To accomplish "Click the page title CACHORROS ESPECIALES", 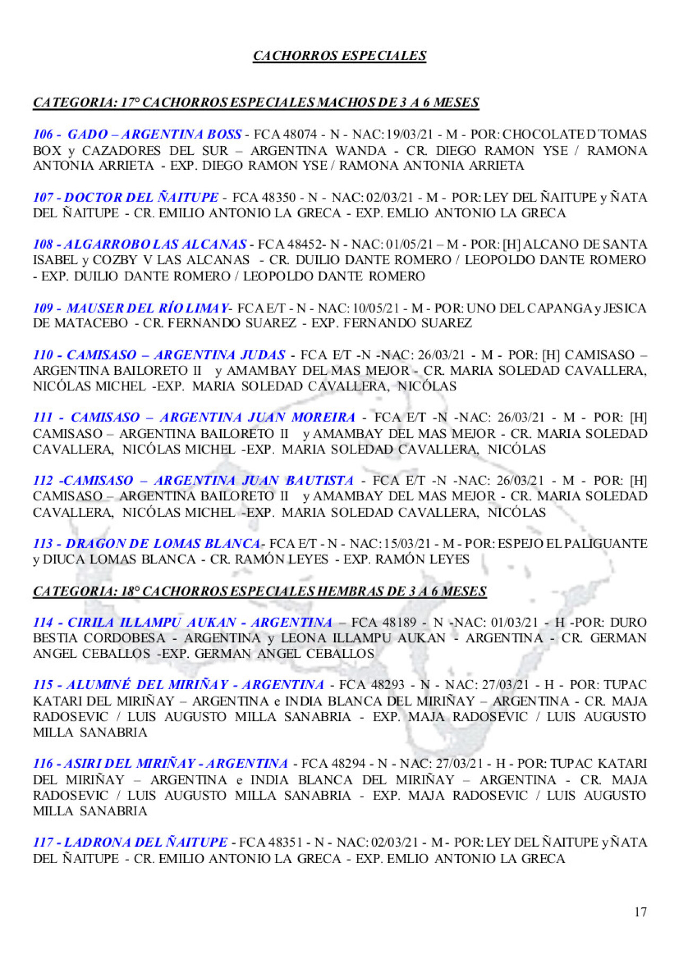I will pyautogui.click(x=339, y=56).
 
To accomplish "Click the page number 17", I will pyautogui.click(x=640, y=912).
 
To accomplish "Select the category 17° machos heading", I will pyautogui.click(x=256, y=102).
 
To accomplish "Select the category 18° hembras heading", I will pyautogui.click(x=259, y=591).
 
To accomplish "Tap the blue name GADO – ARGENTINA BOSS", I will pyautogui.click(x=154, y=135).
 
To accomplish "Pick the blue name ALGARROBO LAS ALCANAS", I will pyautogui.click(x=155, y=244).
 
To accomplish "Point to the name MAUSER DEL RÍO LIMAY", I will pyautogui.click(x=147, y=308).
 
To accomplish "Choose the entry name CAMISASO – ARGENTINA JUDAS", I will pyautogui.click(x=176, y=355).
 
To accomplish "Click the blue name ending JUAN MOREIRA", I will pyautogui.click(x=213, y=418).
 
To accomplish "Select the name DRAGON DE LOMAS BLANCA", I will pyautogui.click(x=163, y=544).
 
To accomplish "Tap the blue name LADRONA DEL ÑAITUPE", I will pyautogui.click(x=146, y=842).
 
